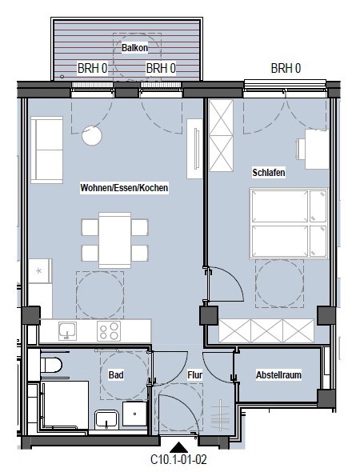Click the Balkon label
[x=134, y=47]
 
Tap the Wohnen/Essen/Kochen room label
[x=124, y=187]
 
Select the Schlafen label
[x=269, y=173]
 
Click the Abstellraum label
[x=278, y=374]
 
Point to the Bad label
[x=116, y=374]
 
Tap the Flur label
[x=194, y=374]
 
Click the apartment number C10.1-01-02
[x=178, y=460]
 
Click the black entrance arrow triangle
[x=178, y=447]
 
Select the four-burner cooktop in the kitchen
[x=109, y=331]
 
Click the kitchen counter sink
[x=67, y=331]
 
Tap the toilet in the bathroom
[x=51, y=365]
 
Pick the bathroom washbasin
[x=106, y=419]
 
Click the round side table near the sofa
[x=92, y=136]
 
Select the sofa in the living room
[x=46, y=150]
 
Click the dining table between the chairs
[x=114, y=240]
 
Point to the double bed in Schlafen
[x=289, y=223]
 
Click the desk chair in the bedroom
[x=301, y=149]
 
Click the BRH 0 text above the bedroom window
[x=286, y=68]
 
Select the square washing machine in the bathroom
[x=134, y=414]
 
